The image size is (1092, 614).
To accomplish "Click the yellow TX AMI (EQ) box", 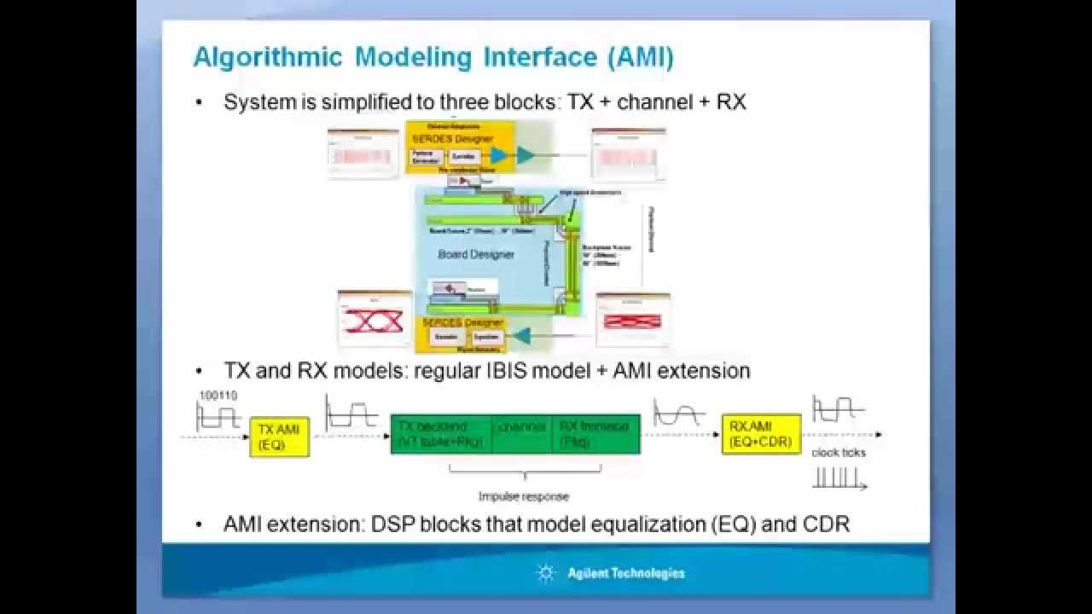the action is [279, 437].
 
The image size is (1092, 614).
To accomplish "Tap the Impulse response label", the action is [523, 496].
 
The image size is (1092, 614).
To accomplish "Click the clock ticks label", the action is [838, 453].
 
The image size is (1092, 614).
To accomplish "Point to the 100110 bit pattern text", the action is [218, 396].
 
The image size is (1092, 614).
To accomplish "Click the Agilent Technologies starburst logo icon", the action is [546, 573].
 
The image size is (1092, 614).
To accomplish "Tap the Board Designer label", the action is [476, 254].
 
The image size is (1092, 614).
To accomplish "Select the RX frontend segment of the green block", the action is [595, 433].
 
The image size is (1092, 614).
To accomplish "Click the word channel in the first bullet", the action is [654, 102].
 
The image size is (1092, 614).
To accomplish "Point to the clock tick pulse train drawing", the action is [839, 478].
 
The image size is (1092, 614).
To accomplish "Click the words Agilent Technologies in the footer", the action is [625, 573].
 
